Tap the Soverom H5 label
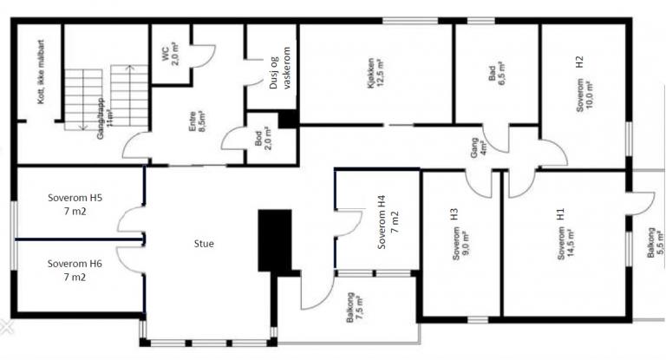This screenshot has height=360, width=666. [75, 204]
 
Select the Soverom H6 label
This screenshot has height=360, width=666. [75, 270]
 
